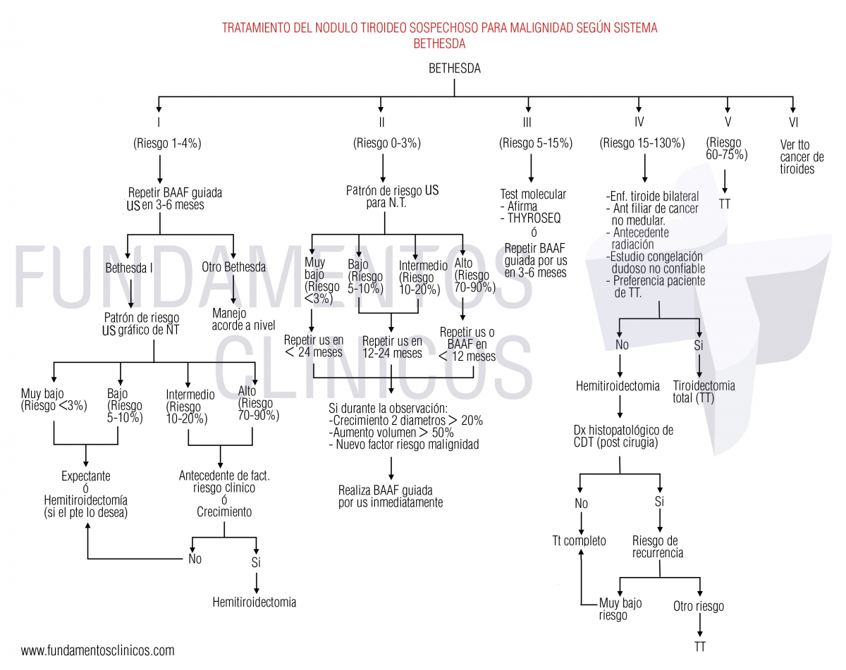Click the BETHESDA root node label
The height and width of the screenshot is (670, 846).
[x=455, y=69]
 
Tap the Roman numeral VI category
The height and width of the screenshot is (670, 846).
[x=792, y=122]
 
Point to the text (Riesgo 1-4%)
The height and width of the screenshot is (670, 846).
[x=168, y=143]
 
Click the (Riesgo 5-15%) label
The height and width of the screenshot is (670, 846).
[x=536, y=143]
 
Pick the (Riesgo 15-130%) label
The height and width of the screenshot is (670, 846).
[x=642, y=143]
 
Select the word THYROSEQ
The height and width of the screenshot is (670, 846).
[x=534, y=218]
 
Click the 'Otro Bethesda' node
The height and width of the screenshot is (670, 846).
[x=233, y=268]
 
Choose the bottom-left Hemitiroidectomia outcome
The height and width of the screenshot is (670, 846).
[x=255, y=602]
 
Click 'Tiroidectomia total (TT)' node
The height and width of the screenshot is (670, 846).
[x=704, y=392]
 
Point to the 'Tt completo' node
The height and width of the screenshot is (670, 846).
[x=579, y=541]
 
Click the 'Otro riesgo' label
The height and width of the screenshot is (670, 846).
[x=698, y=607]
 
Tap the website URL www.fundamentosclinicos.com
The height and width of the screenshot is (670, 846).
[x=97, y=650]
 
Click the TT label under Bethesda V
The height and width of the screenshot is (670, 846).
[x=725, y=204]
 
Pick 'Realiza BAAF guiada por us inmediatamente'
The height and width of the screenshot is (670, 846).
[x=391, y=496]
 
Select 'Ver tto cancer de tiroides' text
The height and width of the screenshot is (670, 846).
[x=802, y=156]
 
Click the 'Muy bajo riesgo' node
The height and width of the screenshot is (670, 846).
[x=620, y=609]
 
